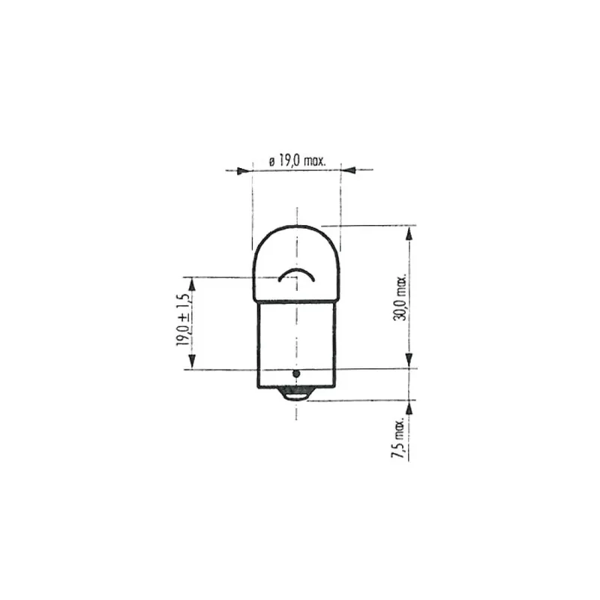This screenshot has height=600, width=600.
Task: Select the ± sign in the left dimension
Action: click(181, 316)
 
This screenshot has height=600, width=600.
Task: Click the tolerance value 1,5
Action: click(181, 300)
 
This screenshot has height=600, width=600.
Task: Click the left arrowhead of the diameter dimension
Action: click(241, 171)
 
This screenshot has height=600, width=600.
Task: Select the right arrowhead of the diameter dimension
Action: click(349, 171)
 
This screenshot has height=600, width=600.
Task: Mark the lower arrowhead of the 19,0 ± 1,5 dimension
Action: click(192, 363)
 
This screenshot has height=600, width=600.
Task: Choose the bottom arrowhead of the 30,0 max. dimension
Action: click(409, 362)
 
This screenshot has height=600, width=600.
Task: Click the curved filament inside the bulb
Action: click(296, 274)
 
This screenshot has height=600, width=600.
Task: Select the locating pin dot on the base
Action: click(296, 373)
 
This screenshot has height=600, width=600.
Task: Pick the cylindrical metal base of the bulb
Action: click(296, 341)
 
